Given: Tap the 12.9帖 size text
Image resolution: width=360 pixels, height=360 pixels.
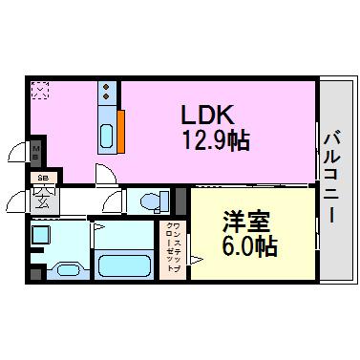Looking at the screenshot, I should click(216, 141).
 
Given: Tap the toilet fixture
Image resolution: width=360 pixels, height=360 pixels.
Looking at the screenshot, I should click(149, 201).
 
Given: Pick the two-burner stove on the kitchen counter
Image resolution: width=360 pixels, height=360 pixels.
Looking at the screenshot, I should click(106, 95).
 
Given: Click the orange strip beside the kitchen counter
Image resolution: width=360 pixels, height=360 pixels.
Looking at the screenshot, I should click(122, 130).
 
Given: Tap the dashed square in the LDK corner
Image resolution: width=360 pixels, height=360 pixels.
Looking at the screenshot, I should click(39, 91).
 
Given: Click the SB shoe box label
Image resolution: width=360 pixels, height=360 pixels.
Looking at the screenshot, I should click(42, 177).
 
